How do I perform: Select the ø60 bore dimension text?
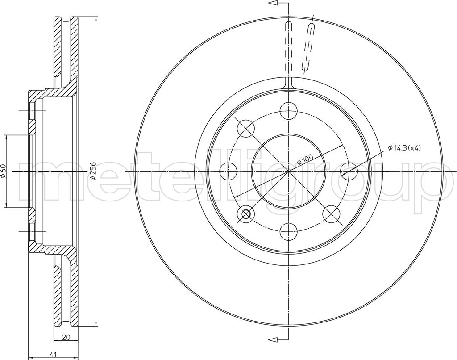click(x=3, y=172)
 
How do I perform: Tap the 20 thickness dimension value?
click(x=66, y=337)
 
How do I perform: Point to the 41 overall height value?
click(x=53, y=355)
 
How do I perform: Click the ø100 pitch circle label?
click(x=305, y=160)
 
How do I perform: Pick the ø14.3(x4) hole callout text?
click(x=404, y=148)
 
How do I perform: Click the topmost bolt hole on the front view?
click(x=288, y=111)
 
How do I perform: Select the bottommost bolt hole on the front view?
click(x=288, y=232)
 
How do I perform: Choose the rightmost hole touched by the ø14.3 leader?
click(x=349, y=171)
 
